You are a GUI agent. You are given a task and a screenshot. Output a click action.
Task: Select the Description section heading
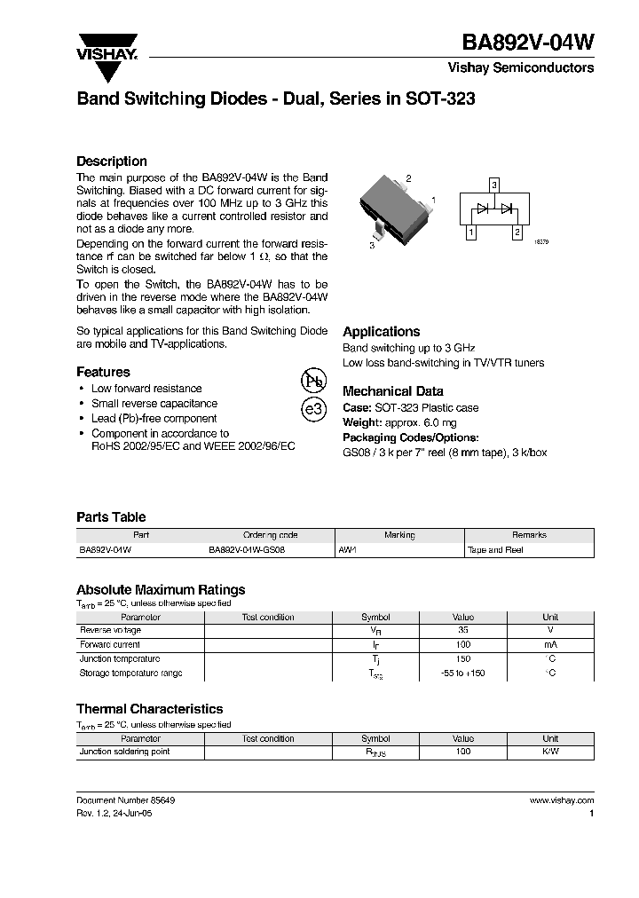[x=112, y=161]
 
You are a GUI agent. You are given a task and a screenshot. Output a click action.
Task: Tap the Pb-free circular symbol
[x=313, y=381]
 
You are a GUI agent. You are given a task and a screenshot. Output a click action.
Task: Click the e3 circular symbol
[x=313, y=409]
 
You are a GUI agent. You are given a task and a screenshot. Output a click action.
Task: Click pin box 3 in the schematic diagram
[x=494, y=185]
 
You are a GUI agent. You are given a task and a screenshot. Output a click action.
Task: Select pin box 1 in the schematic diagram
[x=471, y=232]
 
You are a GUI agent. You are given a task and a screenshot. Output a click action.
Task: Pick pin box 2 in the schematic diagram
[x=517, y=232]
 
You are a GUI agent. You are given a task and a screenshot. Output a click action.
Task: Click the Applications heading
[x=381, y=332]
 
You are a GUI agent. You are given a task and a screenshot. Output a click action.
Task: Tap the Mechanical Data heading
[x=392, y=391]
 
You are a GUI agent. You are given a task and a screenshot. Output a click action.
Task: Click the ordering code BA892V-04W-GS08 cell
[x=247, y=550]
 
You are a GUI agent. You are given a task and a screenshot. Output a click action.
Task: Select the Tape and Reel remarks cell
[x=495, y=550]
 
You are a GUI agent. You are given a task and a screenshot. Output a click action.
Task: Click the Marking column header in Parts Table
[x=399, y=535]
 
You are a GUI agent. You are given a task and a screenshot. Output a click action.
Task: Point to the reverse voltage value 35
[x=463, y=630]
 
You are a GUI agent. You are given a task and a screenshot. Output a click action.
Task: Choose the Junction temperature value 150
[x=463, y=659]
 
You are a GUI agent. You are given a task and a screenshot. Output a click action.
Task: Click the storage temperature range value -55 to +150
[x=463, y=673]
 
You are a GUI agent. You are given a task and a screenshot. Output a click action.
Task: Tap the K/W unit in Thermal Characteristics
[x=550, y=752]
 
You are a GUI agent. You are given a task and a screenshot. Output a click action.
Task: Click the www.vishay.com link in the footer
[x=561, y=800]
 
